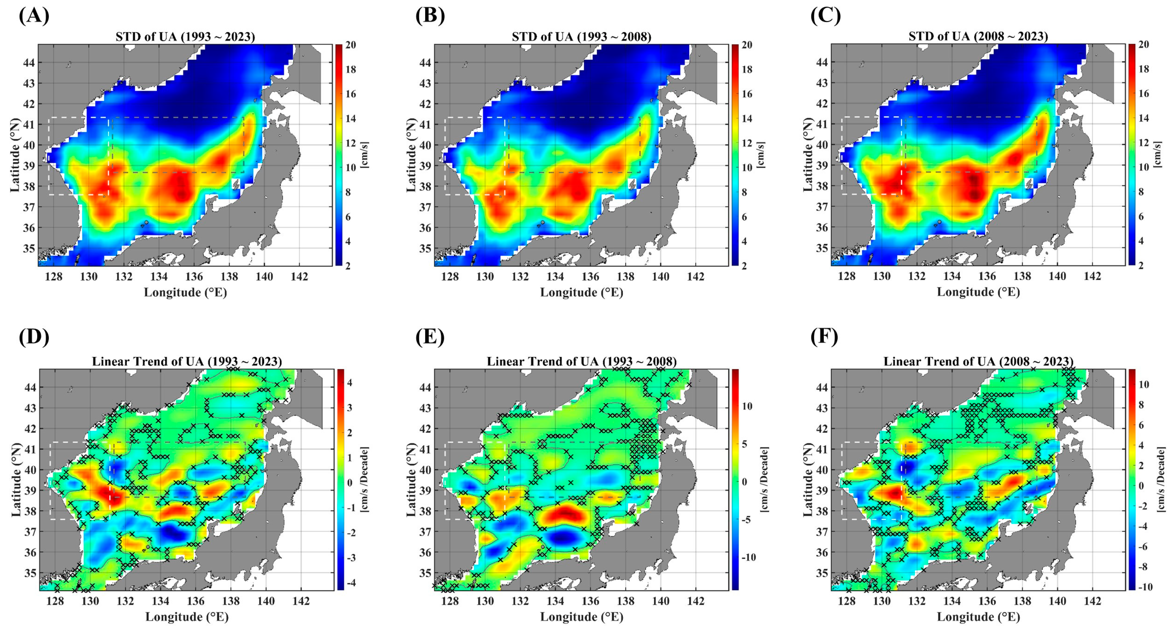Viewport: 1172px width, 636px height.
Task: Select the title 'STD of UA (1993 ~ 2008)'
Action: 581,37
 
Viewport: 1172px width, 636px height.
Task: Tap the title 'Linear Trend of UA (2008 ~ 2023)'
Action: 978,361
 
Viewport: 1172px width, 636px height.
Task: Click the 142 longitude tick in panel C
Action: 1092,276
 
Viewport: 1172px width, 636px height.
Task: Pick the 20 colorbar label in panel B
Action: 747,45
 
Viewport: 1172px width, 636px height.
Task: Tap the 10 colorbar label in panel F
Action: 1143,384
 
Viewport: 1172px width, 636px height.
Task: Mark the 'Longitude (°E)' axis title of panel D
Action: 186,617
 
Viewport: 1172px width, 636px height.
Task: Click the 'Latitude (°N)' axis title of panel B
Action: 411,155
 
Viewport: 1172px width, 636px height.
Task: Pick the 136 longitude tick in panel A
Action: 194,276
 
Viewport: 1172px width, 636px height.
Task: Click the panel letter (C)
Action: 826,16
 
